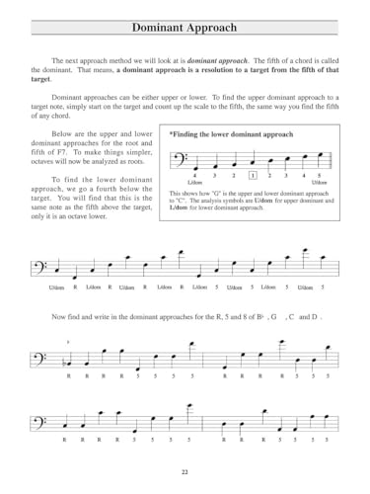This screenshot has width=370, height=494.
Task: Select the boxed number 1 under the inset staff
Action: pos(253,174)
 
